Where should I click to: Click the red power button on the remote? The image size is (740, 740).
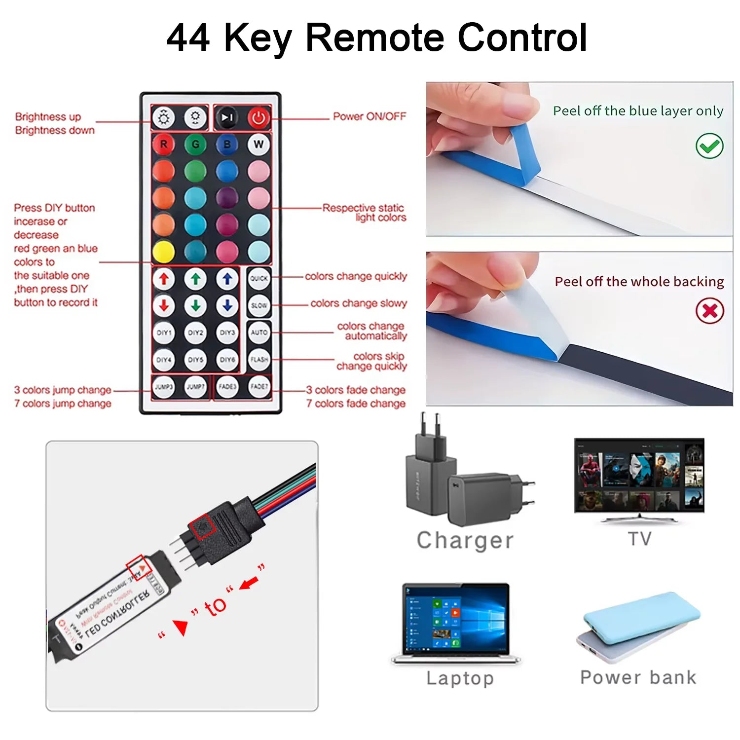pyautogui.click(x=259, y=118)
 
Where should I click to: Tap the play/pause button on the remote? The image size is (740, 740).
pyautogui.click(x=227, y=118)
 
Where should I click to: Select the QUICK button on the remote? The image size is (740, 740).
pyautogui.click(x=259, y=278)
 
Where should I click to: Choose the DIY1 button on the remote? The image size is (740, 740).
pyautogui.click(x=164, y=333)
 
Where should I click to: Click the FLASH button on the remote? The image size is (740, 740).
pyautogui.click(x=259, y=359)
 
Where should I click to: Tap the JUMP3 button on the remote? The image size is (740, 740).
pyautogui.click(x=164, y=387)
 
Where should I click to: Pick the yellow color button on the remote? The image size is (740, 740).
pyautogui.click(x=164, y=252)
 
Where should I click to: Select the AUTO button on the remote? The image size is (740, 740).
pyautogui.click(x=259, y=333)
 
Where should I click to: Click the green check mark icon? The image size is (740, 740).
pyautogui.click(x=709, y=146)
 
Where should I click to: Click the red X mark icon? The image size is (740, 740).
pyautogui.click(x=709, y=311)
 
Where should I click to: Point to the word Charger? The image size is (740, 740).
pyautogui.click(x=465, y=541)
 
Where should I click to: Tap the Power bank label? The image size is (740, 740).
pyautogui.click(x=638, y=677)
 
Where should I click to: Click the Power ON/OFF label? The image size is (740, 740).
pyautogui.click(x=369, y=116)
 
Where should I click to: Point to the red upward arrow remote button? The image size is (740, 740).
pyautogui.click(x=164, y=279)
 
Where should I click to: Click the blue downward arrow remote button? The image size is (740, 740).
pyautogui.click(x=227, y=306)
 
